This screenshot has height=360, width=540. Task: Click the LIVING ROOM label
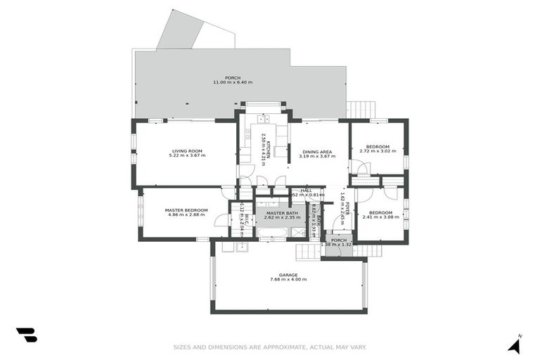point(187,150)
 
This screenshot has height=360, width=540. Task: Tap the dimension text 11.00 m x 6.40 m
point(232,82)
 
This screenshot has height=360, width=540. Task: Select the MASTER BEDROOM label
point(186,210)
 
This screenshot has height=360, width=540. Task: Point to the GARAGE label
point(288,274)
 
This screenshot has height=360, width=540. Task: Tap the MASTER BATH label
point(281,212)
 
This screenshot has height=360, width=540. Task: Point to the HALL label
point(307,190)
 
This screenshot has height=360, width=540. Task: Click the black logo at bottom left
point(26,335)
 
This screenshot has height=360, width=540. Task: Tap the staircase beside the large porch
point(360,110)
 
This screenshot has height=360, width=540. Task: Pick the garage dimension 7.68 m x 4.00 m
point(288,279)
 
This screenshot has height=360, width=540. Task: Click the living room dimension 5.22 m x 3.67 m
point(187,155)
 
